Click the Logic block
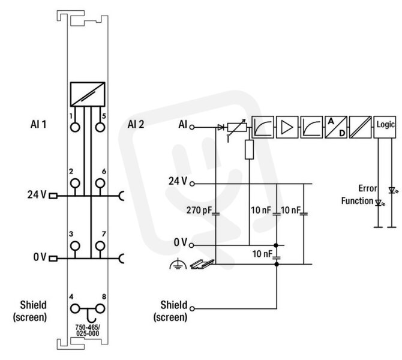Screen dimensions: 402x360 [385, 127]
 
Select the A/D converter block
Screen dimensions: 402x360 [336, 127]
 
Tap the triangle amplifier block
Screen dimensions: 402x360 [287, 127]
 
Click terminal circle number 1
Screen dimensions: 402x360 [75, 127]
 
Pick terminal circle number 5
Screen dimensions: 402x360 [100, 127]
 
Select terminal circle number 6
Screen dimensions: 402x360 [100, 184]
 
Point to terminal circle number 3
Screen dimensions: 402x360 [75, 246]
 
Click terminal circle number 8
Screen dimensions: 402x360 [100, 309]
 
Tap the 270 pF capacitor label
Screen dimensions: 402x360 [199, 210]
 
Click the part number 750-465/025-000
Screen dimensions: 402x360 [88, 330]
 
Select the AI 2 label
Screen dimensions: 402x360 [136, 124]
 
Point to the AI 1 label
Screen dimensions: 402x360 [38, 124]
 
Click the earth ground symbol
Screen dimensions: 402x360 [178, 265]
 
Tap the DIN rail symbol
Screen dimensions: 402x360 [202, 264]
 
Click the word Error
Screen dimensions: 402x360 [368, 188]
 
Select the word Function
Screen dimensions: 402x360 [357, 201]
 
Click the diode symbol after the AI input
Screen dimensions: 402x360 [220, 127]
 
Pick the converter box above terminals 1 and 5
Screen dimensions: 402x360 [88, 94]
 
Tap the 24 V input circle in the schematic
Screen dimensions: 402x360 [192, 184]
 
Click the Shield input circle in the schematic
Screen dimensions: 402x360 [192, 309]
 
